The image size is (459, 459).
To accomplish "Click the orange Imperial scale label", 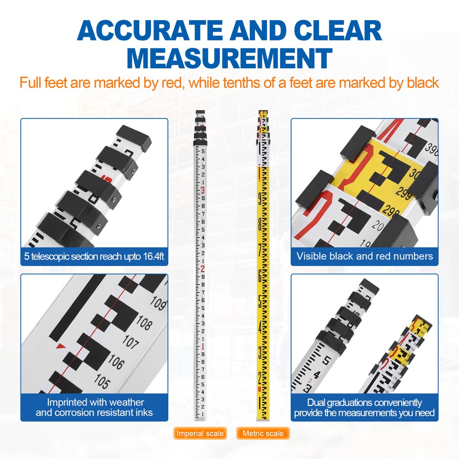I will pos(199,433).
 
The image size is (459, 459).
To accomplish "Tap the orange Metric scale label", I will pos(263,433).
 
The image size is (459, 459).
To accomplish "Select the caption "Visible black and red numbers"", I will pos(364,256).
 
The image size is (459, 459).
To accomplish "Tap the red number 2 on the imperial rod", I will pos(203,269).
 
